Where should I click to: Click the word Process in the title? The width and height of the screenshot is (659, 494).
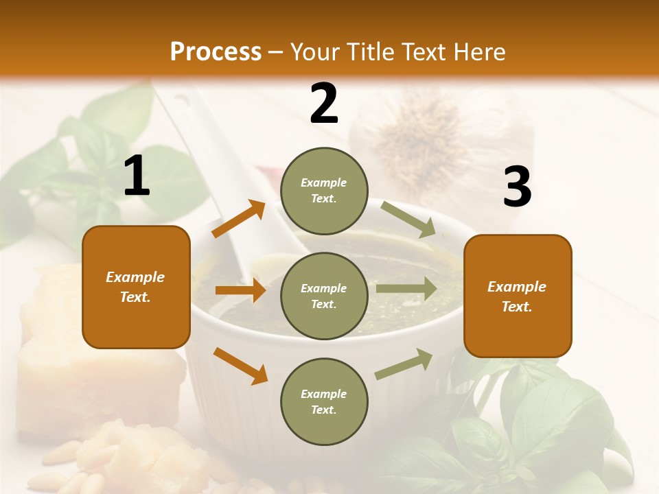coord(216,51)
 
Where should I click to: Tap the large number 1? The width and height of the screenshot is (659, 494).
coord(137,176)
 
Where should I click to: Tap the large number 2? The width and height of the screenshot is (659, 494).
coord(324,104)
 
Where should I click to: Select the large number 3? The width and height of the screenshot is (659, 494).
coord(517,187)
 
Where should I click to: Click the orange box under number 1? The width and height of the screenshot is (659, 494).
coord(136,287)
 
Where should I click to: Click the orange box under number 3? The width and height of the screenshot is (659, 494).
coord(518,296)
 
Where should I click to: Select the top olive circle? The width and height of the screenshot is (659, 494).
coord(324,191)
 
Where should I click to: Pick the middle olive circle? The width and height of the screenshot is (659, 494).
coord(324,296)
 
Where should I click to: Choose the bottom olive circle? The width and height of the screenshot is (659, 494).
coord(324,401)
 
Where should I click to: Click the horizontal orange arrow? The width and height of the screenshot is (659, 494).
coord(240,290)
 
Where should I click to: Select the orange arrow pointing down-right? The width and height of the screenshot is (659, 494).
coord(240,365)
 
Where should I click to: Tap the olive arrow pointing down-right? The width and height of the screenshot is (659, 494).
coord(408,220)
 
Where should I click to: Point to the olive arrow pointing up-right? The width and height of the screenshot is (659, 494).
coord(404,364)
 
